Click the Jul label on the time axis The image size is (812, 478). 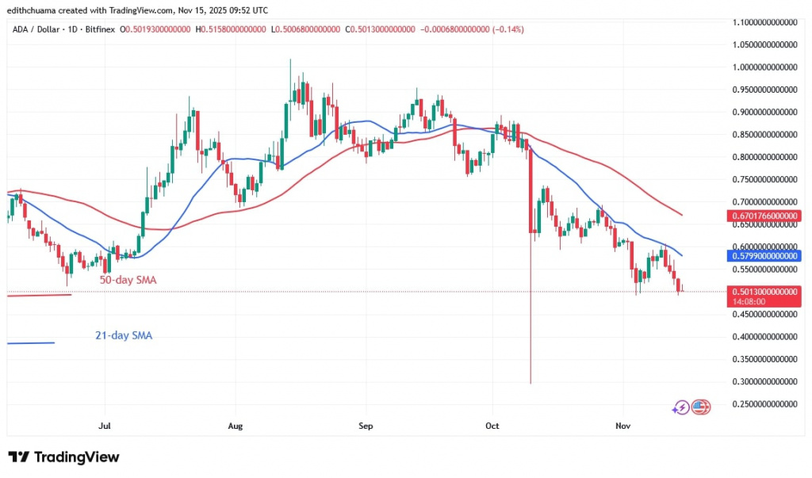point(104,426)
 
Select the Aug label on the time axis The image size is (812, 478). point(235,426)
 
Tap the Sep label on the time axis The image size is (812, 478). point(366,426)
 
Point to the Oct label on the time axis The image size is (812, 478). point(492,426)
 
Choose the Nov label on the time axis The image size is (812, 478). point(623,426)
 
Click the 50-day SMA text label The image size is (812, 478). point(128,280)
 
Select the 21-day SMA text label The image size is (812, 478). point(123,335)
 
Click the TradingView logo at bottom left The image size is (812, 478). point(63,457)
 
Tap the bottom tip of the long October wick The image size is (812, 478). point(530,384)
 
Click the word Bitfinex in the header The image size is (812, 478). point(100,29)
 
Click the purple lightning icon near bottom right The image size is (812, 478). point(680,407)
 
